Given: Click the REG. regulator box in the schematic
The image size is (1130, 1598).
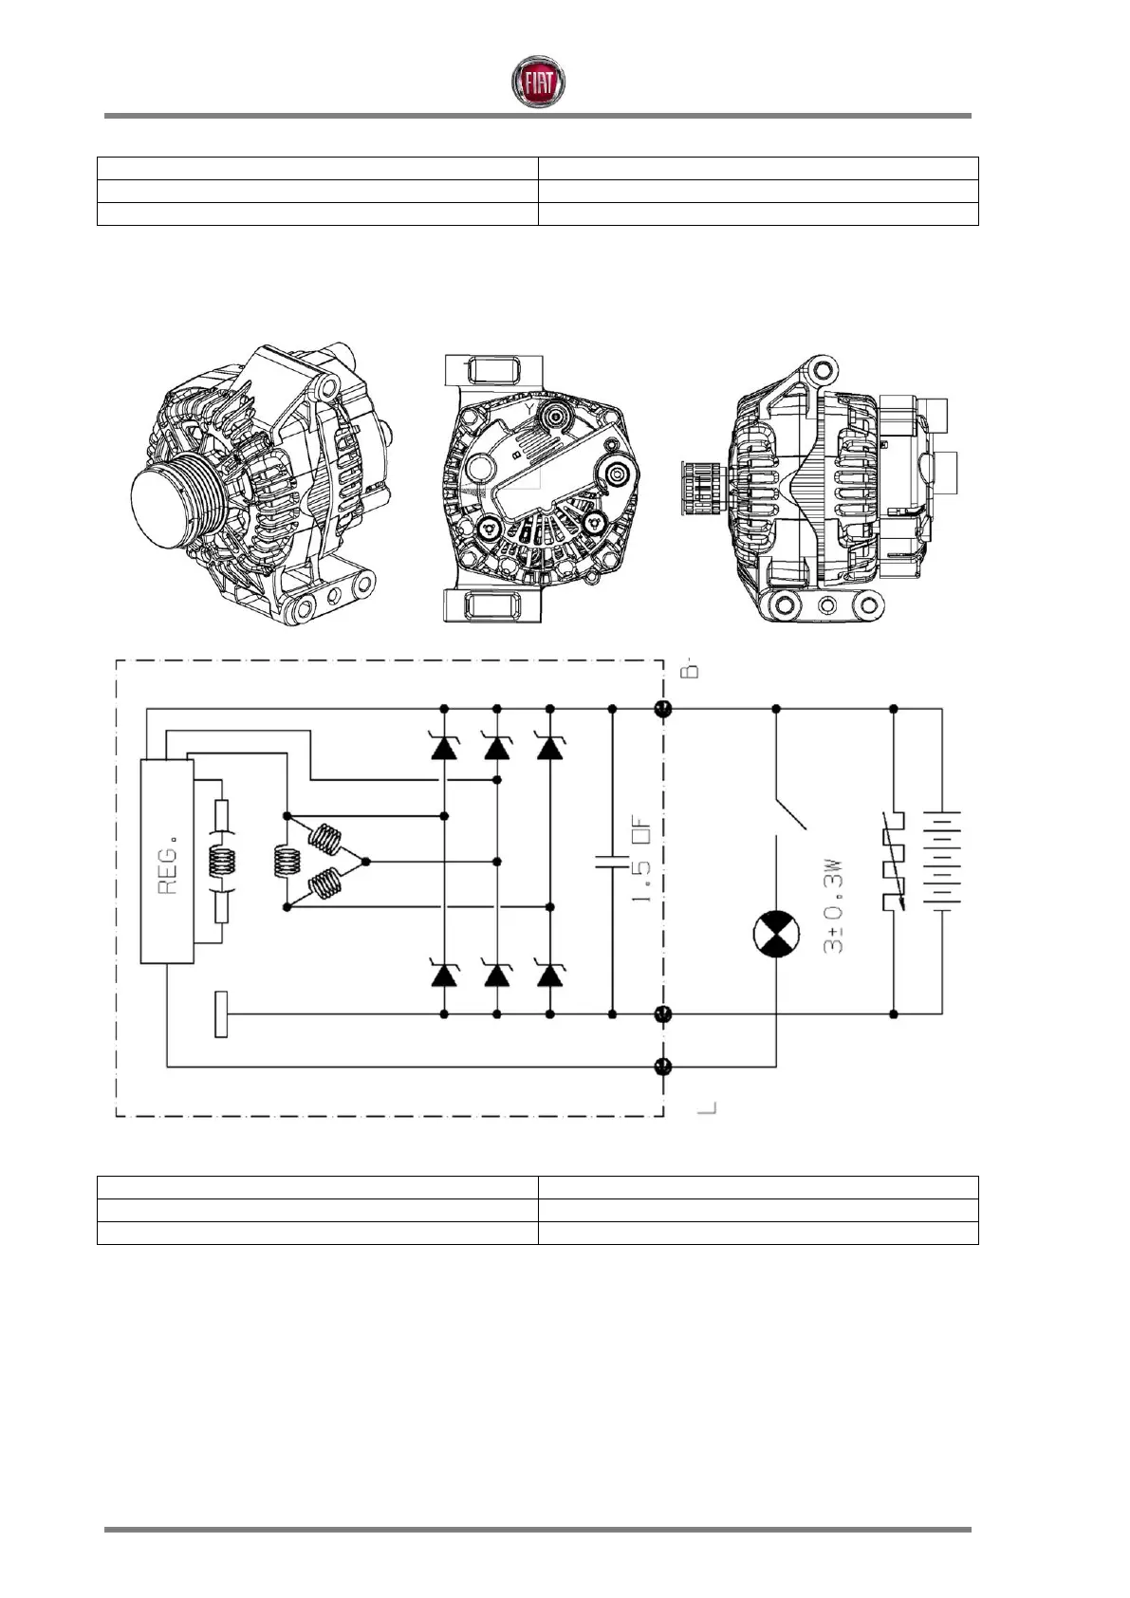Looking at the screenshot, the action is click(x=168, y=862).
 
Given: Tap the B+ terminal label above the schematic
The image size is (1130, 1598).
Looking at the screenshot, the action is click(x=693, y=670).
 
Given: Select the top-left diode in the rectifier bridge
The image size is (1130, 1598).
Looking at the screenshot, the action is click(x=444, y=748).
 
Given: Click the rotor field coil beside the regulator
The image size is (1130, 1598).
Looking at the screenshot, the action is click(x=221, y=862).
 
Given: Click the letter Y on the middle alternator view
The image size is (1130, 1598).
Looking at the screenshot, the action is click(x=528, y=406).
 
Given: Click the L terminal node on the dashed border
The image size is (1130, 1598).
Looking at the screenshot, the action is click(x=663, y=1066).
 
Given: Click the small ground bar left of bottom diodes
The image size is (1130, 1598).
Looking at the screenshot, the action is click(x=221, y=1013).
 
